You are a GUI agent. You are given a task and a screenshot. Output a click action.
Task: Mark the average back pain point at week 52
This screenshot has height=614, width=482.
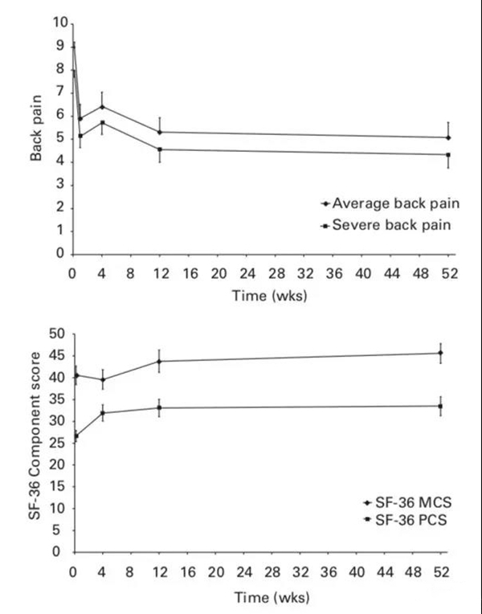tap(447, 137)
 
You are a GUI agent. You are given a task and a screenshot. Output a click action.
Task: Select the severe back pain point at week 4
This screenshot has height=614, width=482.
tap(102, 122)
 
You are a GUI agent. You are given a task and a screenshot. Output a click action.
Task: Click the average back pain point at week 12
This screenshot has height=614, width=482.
tap(160, 132)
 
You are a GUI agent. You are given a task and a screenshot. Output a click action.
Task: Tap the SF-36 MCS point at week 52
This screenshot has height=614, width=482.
tap(440, 353)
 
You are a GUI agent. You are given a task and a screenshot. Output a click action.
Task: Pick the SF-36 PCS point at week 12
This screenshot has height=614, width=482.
tap(160, 407)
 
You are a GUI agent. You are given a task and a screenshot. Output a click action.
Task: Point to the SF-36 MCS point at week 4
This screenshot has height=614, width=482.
tap(102, 379)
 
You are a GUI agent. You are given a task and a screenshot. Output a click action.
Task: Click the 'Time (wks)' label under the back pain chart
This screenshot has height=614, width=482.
tap(259, 295)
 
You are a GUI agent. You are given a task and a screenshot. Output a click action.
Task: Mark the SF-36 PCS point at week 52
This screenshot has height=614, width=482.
tap(440, 406)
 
